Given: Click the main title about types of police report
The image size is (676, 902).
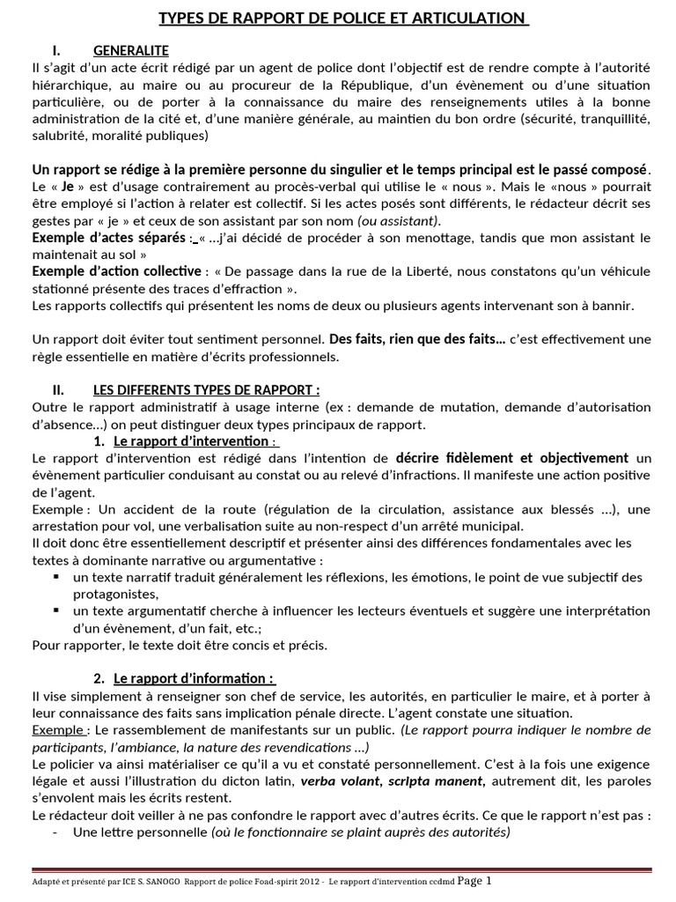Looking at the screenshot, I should click(342, 18).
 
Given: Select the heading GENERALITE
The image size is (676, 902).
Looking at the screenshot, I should click(130, 50).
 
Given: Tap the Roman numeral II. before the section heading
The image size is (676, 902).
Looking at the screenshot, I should click(62, 390).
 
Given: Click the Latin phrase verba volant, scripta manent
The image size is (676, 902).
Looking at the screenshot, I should click(393, 780).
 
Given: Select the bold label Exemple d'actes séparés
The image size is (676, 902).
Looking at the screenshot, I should click(108, 238).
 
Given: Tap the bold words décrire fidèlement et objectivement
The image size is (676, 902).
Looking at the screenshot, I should click(512, 458).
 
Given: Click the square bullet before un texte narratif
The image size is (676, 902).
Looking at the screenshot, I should click(56, 577).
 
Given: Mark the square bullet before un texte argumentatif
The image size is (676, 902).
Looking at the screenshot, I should click(56, 610).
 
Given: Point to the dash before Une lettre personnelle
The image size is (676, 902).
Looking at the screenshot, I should click(55, 832).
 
